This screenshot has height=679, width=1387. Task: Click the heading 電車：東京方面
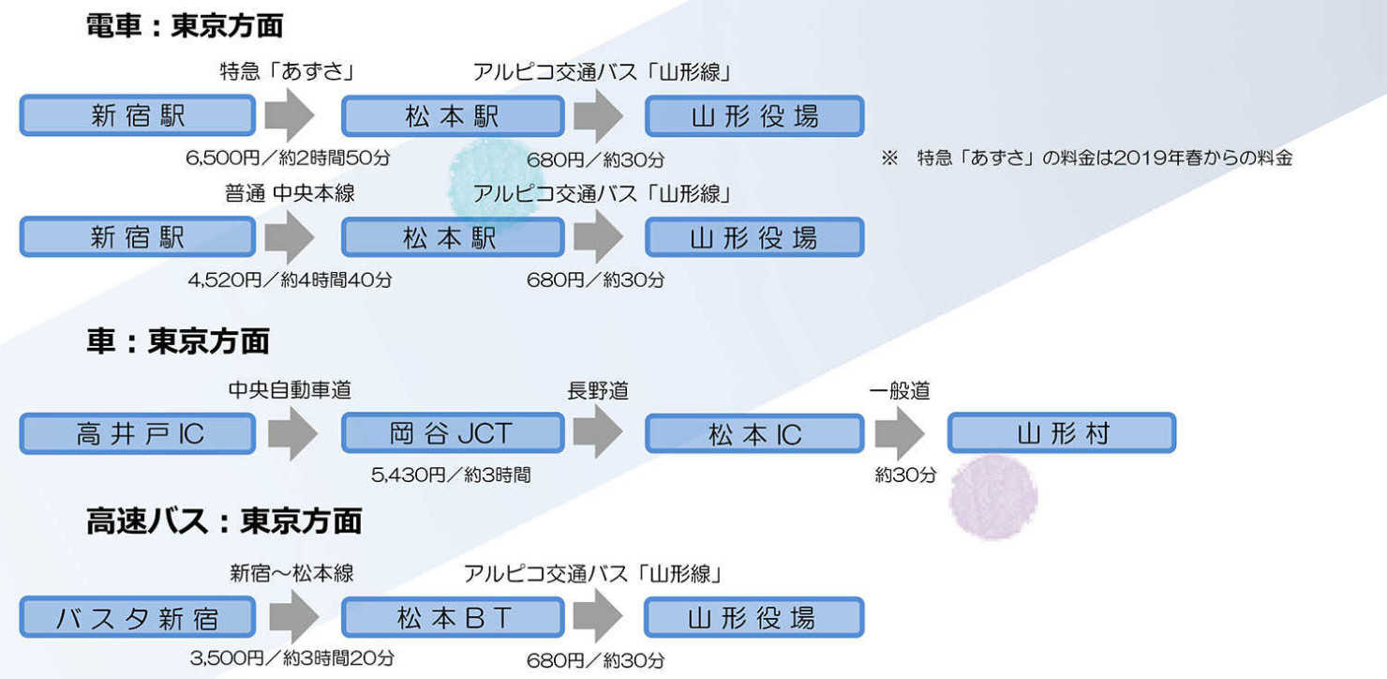pos(184,26)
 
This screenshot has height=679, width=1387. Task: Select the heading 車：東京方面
pos(177,341)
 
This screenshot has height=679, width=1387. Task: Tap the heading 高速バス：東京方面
pos(223,521)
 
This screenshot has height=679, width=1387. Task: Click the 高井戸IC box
pos(138,434)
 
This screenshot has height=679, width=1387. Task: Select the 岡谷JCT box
pos(453,434)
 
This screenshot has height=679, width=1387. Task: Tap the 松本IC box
pos(754,434)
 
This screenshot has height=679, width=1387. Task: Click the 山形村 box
pos(1062,434)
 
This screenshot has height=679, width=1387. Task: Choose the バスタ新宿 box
pos(138,619)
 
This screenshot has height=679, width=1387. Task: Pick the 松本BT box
pos(453,619)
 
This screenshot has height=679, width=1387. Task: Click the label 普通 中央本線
pos(290,194)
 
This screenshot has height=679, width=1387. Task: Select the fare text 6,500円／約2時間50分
pos(288,158)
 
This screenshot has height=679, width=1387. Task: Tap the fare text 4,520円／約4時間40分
pos(289,279)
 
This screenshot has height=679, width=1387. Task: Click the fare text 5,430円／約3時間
pos(451,475)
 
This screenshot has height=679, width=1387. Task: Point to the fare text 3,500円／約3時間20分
pos(291,658)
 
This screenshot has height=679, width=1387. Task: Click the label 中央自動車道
pos(290,390)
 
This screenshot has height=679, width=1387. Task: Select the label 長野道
pos(598,390)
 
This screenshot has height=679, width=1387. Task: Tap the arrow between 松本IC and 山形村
pos(900,434)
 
